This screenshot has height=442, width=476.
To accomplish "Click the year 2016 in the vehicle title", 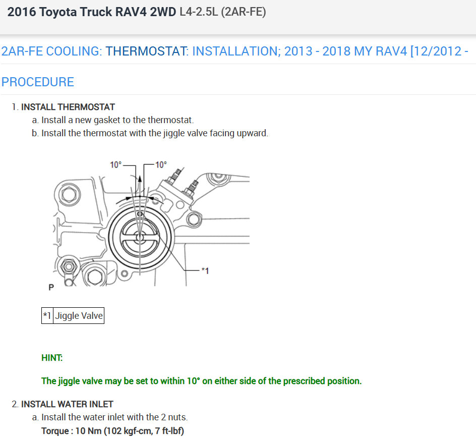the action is pyautogui.click(x=22, y=12).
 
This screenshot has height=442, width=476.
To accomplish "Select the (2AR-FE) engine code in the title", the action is pyautogui.click(x=244, y=12).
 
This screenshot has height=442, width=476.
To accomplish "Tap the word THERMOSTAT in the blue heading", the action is pyautogui.click(x=147, y=51).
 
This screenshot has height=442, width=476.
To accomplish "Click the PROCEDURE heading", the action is pyautogui.click(x=38, y=82).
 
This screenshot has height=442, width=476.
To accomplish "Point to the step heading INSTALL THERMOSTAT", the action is pyautogui.click(x=68, y=107).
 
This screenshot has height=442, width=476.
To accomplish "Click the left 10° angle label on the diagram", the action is pyautogui.click(x=115, y=164).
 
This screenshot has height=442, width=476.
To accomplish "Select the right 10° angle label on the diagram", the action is pyautogui.click(x=161, y=164).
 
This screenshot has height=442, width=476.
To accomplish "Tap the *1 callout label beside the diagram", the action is pyautogui.click(x=205, y=270).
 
